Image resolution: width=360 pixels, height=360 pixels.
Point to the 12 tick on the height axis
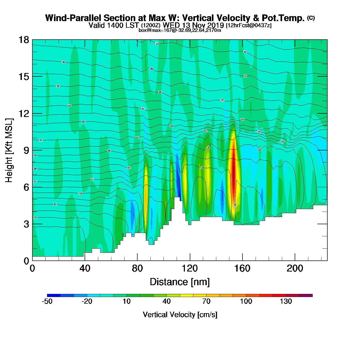coord(23,113)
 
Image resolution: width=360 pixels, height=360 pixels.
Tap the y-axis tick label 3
coord(26,224)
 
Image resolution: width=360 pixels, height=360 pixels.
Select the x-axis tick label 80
coord(137,268)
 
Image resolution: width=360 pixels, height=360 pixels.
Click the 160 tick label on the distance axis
coord(242,268)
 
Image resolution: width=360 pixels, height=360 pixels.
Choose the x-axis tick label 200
coord(295,268)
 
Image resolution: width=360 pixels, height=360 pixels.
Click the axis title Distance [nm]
coord(180,282)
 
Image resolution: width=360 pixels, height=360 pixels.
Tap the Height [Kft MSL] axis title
coord(9,150)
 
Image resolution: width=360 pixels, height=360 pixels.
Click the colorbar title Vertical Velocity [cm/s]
coord(180,314)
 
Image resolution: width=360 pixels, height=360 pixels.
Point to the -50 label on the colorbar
coord(47,301)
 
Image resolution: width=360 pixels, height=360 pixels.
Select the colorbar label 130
coord(286,301)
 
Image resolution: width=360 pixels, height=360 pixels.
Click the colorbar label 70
coord(206,301)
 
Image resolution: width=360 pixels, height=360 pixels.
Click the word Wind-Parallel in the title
coord(73,18)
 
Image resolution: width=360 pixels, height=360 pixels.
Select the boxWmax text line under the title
coord(180,30)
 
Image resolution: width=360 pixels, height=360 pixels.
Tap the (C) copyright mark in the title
coord(311,18)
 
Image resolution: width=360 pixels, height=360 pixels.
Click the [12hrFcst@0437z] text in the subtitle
coord(248,25)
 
